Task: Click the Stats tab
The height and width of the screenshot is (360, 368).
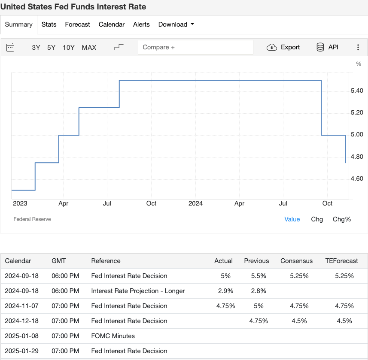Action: click(49, 24)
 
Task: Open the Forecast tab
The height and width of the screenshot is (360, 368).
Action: click(77, 24)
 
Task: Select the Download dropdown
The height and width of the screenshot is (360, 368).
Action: click(176, 24)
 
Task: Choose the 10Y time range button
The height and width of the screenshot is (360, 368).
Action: click(69, 48)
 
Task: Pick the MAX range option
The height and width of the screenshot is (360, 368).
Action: click(89, 48)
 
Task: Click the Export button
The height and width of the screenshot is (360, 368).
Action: click(283, 47)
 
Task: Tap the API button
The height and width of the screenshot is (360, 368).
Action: click(327, 47)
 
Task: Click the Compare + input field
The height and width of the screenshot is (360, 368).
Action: click(195, 47)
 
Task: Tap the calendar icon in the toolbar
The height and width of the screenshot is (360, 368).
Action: click(10, 47)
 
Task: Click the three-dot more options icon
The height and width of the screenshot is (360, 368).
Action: click(358, 48)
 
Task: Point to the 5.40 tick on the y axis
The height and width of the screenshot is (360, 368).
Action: click(357, 91)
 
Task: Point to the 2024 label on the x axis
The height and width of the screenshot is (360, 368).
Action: click(195, 203)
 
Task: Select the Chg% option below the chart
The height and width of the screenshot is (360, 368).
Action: click(342, 219)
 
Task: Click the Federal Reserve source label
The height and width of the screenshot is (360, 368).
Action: click(32, 219)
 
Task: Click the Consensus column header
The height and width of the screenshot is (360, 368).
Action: click(297, 261)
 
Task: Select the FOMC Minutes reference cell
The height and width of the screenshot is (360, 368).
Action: click(113, 336)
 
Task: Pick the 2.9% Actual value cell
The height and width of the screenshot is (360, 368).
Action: click(225, 291)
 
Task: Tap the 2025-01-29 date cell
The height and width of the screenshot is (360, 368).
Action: click(21, 351)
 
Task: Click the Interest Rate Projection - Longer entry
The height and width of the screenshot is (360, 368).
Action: click(138, 291)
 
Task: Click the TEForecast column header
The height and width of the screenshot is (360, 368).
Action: click(341, 261)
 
